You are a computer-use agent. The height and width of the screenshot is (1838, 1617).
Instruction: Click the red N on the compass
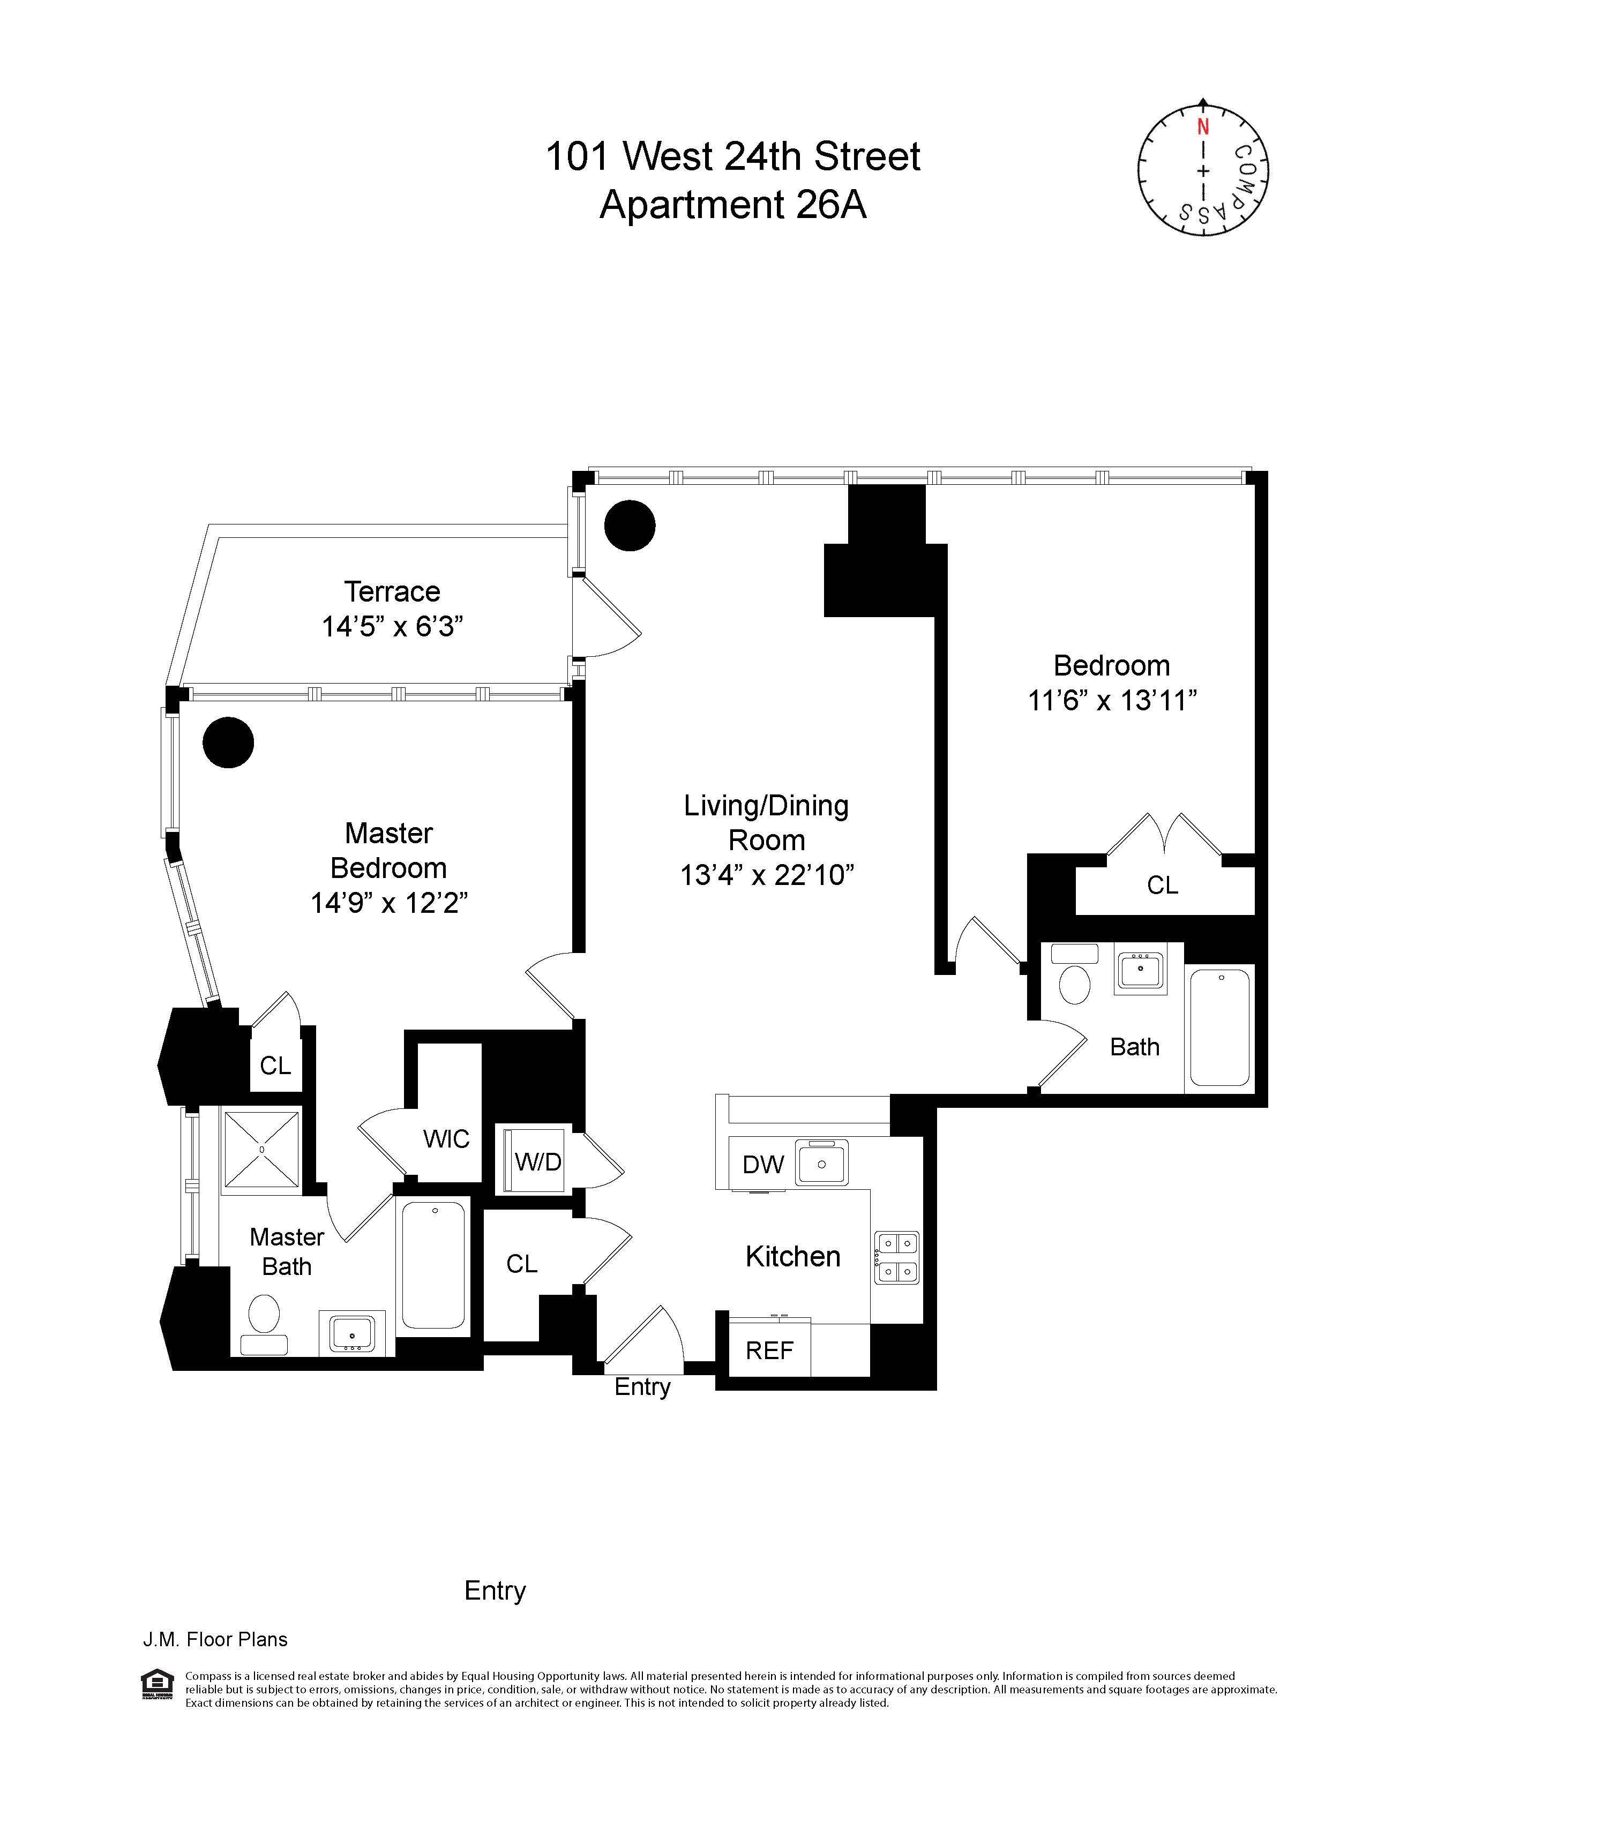click(x=1202, y=127)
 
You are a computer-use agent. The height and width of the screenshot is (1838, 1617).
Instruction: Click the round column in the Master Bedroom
click(x=228, y=742)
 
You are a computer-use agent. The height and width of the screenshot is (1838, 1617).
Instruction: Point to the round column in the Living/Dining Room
click(x=630, y=525)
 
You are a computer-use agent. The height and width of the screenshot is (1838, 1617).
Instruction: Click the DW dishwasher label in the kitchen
click(x=762, y=1165)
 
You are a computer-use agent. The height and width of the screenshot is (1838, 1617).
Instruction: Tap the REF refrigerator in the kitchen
click(x=769, y=1350)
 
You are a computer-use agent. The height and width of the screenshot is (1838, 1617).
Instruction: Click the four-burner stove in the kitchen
click(x=896, y=1257)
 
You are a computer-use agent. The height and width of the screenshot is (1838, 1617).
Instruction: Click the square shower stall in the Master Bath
click(x=261, y=1149)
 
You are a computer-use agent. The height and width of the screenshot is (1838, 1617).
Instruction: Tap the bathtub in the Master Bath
click(x=433, y=1265)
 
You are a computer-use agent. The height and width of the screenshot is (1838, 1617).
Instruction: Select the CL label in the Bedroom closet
click(x=1162, y=885)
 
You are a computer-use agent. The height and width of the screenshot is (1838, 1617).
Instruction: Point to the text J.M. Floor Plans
click(x=215, y=1639)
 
